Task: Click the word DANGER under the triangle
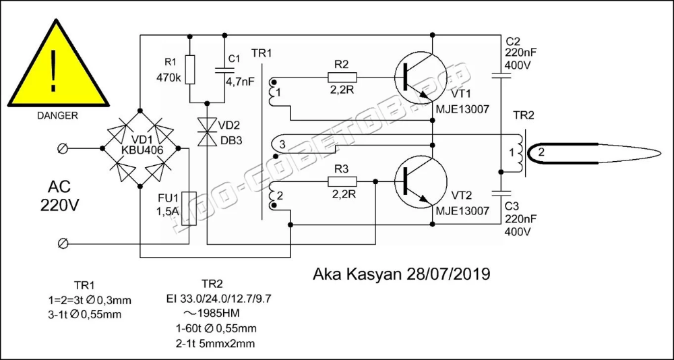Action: coord(57,116)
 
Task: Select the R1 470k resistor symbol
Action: coord(189,69)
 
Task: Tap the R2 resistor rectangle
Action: coord(342,78)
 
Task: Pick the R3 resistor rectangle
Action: coord(342,181)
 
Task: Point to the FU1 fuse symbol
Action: coord(189,205)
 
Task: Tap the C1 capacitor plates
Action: coord(224,69)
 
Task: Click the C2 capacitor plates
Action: coord(501,76)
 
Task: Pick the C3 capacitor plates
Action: coord(501,193)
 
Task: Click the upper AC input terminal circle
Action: coord(62,148)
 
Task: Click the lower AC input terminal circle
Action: coord(62,244)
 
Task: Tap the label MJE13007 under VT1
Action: coord(462,110)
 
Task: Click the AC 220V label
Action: coord(59,197)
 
